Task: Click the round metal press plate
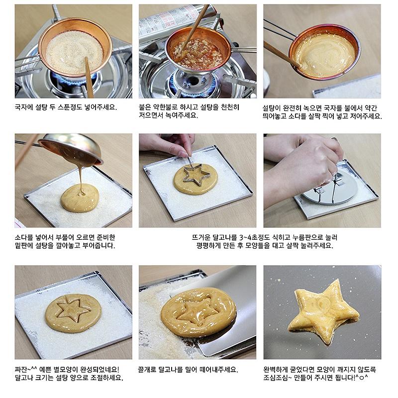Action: (x=330, y=187)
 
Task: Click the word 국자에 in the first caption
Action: (x=24, y=107)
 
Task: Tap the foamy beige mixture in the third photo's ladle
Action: (x=325, y=55)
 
